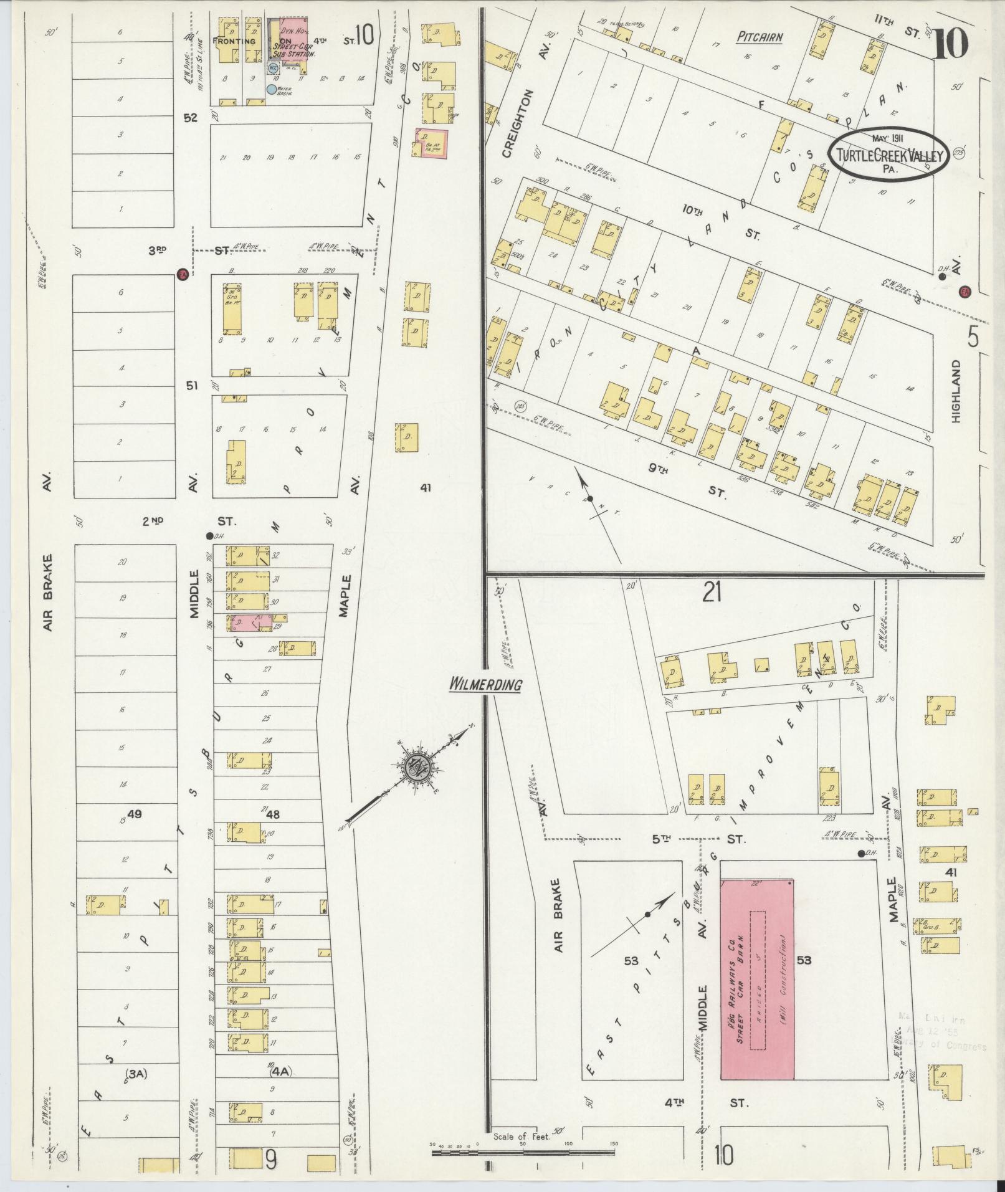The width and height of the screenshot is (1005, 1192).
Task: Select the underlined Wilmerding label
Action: pos(485,685)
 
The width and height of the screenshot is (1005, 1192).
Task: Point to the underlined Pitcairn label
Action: pos(760,37)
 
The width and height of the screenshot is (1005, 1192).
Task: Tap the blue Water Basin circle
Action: pos(271,89)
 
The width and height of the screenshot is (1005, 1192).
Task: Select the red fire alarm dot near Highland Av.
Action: pos(965,290)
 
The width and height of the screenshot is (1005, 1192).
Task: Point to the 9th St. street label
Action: pos(685,480)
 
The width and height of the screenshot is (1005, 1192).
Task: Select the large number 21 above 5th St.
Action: pos(712,594)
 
